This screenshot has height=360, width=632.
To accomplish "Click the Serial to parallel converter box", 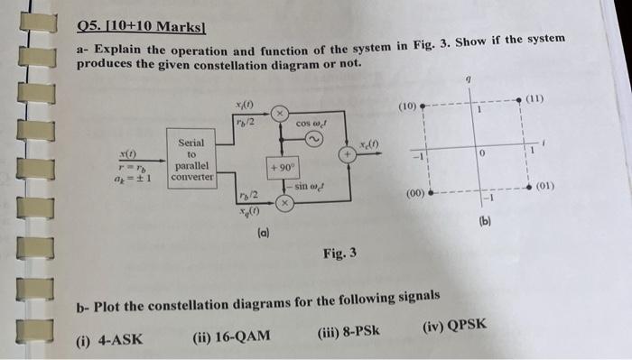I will click(191, 160).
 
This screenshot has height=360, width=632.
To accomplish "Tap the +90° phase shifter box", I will click(279, 169).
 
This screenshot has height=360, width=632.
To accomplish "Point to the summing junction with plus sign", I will click(346, 155).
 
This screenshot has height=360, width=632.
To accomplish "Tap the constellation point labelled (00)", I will click(432, 193).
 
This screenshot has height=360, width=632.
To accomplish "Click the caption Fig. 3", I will click(339, 253).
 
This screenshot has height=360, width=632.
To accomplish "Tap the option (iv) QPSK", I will click(453, 327).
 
